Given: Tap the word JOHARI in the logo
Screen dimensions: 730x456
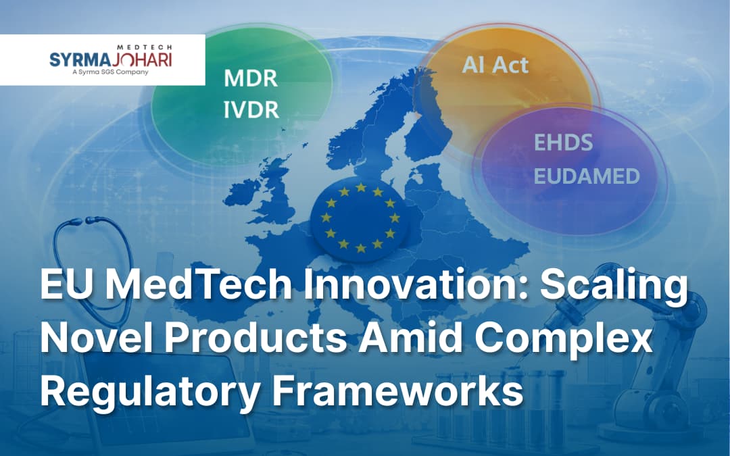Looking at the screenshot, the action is click(141, 59).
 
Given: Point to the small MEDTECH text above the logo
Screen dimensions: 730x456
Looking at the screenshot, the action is click(145, 47).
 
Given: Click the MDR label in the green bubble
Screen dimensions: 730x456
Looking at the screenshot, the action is click(251, 78).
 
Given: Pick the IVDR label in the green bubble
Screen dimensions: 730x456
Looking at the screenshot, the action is click(251, 110).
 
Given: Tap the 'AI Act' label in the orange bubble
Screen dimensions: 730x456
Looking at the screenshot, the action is click(495, 65).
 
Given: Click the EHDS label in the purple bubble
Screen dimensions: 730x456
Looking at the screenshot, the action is click(563, 143).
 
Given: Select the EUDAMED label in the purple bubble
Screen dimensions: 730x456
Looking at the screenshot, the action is click(587, 176).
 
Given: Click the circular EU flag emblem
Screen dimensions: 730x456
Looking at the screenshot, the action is click(360, 218).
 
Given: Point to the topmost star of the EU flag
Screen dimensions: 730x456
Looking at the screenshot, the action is click(361, 188).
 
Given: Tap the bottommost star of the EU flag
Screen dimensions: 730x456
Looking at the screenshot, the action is click(361, 248).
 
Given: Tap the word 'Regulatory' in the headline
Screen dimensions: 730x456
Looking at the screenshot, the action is click(150, 393).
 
